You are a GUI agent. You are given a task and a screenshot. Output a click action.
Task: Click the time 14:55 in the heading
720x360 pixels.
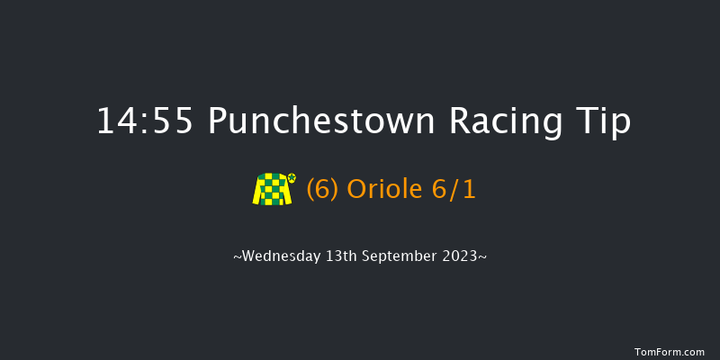[x=145, y=121]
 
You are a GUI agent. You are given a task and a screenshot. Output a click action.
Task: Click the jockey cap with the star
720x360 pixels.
[x=291, y=178]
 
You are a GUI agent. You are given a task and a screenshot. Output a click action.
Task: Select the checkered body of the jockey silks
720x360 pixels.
[x=274, y=190]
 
